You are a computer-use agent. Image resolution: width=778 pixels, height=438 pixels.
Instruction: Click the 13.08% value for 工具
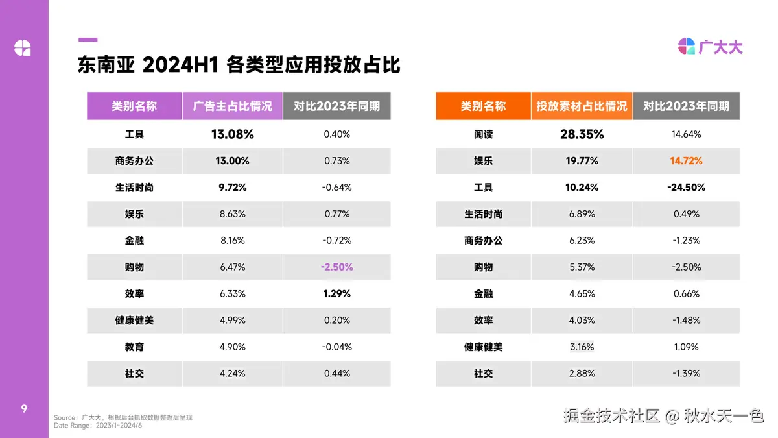232,134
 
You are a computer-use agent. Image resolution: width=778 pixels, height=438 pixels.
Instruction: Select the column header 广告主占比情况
232,106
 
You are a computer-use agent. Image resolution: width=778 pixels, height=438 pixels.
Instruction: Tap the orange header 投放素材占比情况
582,106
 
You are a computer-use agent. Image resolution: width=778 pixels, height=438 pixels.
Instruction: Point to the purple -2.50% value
336,267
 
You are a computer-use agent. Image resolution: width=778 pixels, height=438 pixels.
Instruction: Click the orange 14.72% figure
686,161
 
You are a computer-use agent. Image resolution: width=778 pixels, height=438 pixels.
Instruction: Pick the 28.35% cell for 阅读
582,134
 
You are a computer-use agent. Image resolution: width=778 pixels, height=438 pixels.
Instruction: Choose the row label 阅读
483,134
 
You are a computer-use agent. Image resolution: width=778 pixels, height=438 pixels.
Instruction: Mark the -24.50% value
686,188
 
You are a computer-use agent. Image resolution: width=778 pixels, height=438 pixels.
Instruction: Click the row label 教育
134,347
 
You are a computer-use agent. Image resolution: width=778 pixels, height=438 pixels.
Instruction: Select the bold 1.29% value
336,293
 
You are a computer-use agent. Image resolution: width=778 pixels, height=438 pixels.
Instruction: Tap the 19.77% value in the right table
582,161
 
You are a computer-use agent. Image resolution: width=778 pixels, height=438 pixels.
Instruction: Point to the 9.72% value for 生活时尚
232,188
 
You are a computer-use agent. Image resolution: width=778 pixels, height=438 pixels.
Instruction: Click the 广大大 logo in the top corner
710,47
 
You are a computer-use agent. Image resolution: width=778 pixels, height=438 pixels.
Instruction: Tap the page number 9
24,408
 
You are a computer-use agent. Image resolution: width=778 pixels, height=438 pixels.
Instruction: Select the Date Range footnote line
98,426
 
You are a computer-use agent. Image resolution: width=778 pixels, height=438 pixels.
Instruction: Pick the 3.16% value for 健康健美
582,347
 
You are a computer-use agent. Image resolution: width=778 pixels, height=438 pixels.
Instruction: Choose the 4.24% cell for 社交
232,373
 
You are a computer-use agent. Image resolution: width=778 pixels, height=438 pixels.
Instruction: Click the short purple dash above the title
88,40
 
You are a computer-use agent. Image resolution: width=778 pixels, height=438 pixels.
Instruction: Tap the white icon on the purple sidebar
23,47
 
